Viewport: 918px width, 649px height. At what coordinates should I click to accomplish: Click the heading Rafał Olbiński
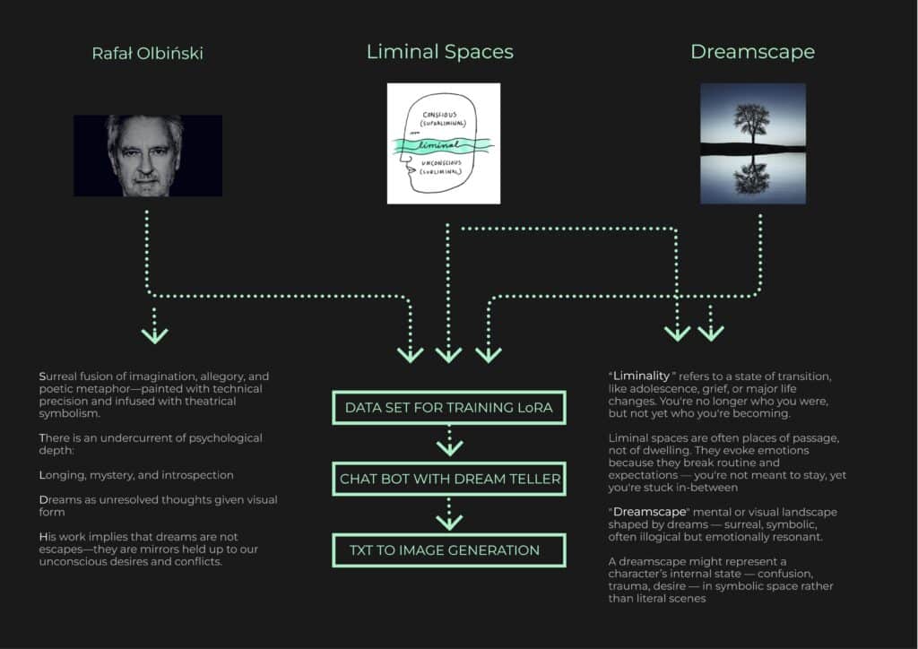coord(148,53)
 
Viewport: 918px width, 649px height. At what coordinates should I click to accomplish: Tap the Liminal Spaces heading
coord(440,51)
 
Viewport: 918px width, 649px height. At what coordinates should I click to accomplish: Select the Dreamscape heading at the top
coord(753,52)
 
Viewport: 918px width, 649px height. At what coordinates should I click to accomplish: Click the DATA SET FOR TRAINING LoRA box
coord(449,407)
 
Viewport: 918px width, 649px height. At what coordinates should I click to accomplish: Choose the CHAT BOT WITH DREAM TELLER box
coord(449,479)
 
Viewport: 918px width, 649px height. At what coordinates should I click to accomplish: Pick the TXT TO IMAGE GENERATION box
coord(449,550)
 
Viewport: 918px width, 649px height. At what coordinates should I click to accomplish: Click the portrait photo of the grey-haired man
coord(148,156)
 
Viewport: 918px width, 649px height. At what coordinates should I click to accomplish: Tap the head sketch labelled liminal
coord(444,143)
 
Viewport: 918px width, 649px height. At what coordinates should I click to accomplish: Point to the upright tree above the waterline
coord(751,124)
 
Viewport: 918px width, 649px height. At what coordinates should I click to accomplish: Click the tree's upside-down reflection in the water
coord(751,175)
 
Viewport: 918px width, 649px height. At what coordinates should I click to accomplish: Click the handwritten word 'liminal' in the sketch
coord(439,144)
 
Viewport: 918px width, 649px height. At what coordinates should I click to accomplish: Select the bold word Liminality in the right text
coord(641,376)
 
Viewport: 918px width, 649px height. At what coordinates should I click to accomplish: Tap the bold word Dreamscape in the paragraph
coord(649,512)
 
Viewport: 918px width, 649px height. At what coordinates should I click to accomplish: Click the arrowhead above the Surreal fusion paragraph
coord(154,335)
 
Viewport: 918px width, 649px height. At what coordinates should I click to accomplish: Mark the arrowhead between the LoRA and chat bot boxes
coord(450,448)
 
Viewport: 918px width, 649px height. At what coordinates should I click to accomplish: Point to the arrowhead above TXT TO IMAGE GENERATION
coord(450,522)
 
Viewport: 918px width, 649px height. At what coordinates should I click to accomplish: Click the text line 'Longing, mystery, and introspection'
coord(136,475)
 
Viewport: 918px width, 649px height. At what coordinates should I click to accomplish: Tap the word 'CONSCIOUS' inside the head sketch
coord(439,115)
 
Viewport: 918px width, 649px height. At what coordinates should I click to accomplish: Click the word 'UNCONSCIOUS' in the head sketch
coord(441,162)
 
